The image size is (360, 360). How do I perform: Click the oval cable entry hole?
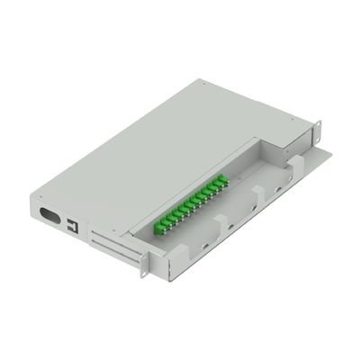50,218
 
